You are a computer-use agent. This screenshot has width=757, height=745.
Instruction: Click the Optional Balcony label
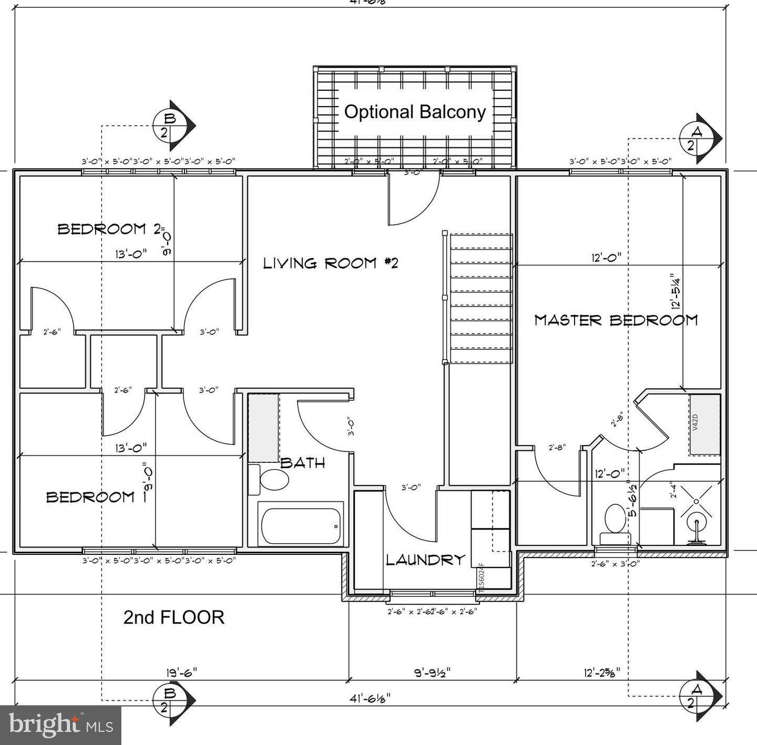click(415, 112)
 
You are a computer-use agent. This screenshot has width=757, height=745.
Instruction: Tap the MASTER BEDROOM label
click(616, 320)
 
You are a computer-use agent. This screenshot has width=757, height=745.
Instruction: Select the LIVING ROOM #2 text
click(331, 263)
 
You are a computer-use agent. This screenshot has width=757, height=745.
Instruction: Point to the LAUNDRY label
click(426, 560)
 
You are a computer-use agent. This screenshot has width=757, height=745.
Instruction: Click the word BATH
click(303, 463)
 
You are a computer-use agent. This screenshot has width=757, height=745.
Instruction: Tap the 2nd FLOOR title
click(174, 617)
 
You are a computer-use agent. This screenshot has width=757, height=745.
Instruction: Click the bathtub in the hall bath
click(300, 526)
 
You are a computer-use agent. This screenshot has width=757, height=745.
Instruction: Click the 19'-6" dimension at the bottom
click(181, 672)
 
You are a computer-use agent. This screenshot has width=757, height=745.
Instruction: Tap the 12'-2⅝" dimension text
click(602, 672)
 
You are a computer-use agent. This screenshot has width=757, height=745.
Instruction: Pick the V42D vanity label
click(695, 422)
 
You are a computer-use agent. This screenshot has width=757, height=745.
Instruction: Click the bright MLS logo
click(60, 725)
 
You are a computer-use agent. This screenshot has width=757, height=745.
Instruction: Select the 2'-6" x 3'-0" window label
click(615, 564)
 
